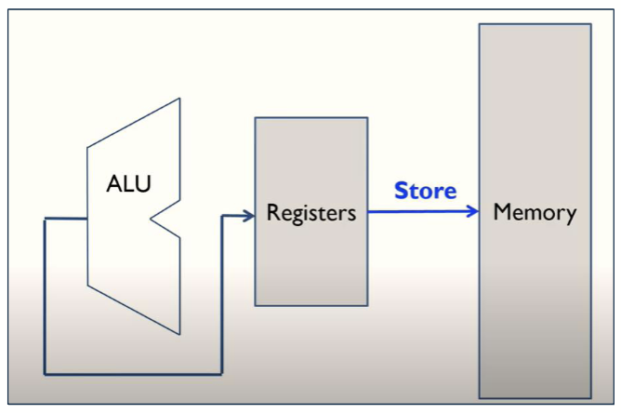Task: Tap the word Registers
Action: [x=310, y=213]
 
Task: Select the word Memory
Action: [x=535, y=212]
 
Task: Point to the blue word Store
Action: [x=425, y=191]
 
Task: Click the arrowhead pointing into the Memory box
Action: [x=473, y=211]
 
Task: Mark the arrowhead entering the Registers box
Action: [x=249, y=216]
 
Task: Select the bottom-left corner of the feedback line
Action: [x=45, y=374]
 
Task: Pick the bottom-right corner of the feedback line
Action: [x=221, y=374]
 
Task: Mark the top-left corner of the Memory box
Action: [x=480, y=24]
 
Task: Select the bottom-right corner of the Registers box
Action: [x=367, y=305]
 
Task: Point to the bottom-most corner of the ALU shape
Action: [x=178, y=334]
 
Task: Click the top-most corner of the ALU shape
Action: [x=178, y=98]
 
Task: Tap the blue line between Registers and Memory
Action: [x=418, y=211]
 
